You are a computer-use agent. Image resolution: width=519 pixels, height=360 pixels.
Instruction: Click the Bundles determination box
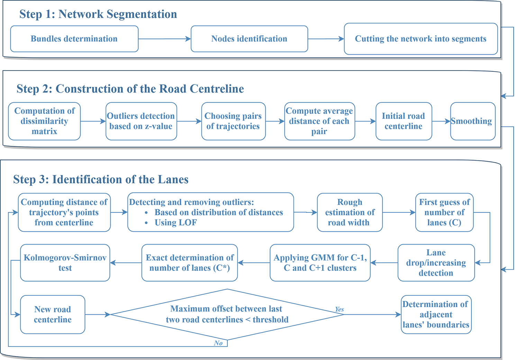74,39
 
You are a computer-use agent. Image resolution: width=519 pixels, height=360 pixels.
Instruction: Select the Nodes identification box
249,39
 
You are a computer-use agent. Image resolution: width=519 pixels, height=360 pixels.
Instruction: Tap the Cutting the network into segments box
420,39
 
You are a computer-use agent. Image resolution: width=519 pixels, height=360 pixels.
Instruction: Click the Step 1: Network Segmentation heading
98,14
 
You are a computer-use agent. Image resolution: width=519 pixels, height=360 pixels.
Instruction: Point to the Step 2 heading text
130,89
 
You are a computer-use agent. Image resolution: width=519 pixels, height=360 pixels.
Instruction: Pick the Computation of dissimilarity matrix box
44,121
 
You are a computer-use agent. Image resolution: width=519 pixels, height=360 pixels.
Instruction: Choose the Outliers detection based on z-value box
141,121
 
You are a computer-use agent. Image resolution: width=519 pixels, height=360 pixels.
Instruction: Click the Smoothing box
473,121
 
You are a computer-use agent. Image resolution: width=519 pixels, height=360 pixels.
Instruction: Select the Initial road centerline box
403,121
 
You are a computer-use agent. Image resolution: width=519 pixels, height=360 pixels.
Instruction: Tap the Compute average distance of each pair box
319,121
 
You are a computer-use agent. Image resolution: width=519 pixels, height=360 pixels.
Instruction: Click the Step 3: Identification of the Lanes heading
101,179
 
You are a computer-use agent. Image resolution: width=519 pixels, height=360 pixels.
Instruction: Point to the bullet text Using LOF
175,223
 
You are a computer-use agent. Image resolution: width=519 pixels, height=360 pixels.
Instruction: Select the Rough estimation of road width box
349,212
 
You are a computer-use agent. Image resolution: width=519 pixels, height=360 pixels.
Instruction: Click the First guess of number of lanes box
444,212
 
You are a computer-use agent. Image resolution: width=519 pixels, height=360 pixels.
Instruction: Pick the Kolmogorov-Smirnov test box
65,263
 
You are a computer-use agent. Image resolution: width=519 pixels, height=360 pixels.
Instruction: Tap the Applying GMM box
320,263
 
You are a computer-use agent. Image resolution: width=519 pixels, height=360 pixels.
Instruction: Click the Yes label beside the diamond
339,309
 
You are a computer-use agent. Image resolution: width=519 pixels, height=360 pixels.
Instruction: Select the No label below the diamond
218,343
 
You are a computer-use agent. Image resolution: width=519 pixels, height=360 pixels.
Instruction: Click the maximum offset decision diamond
227,314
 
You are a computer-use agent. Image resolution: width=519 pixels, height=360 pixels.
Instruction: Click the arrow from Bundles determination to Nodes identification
164,39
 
